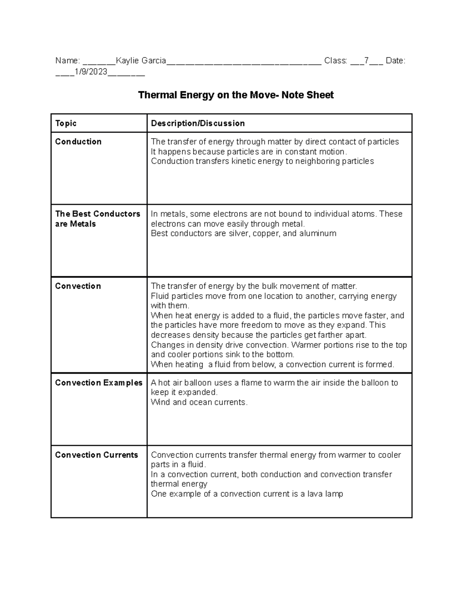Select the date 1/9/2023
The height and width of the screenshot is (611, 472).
click(x=91, y=72)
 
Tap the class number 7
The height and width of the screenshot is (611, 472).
click(x=366, y=61)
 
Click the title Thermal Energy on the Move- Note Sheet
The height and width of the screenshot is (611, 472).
click(x=236, y=95)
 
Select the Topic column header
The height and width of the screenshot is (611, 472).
click(x=66, y=124)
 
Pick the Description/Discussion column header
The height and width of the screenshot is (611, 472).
click(x=198, y=124)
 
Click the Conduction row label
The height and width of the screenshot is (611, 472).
click(x=78, y=142)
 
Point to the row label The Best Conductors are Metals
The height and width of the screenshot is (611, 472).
click(x=97, y=219)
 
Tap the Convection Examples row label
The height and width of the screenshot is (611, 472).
click(x=98, y=383)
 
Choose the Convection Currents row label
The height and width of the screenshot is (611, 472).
click(x=96, y=455)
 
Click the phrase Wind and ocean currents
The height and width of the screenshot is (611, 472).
click(x=199, y=402)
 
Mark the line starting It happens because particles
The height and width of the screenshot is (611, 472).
click(x=249, y=152)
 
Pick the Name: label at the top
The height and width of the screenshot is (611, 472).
click(x=68, y=61)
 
